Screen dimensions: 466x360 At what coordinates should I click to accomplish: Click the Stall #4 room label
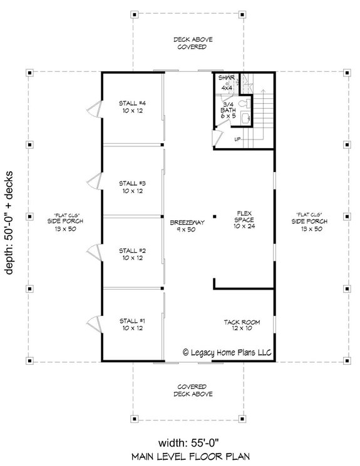(132, 107)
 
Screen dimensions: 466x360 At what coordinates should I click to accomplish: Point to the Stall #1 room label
(132, 324)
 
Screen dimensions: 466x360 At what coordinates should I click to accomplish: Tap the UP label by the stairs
(239, 139)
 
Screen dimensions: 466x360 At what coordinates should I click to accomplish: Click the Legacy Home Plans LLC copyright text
(227, 353)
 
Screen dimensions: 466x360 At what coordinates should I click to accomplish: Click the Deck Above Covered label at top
(193, 43)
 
